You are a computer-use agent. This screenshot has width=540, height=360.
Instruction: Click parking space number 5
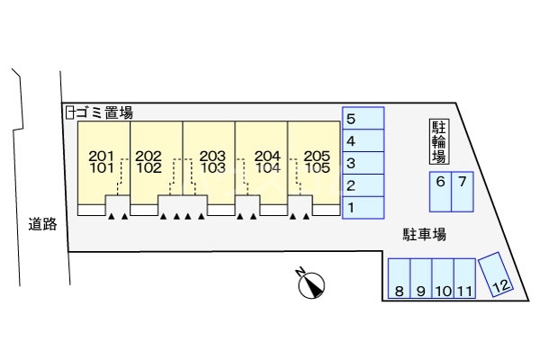coord(363,119)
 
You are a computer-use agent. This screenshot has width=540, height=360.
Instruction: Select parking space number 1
coord(363,208)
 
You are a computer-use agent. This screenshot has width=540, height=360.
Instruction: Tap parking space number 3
coord(363,163)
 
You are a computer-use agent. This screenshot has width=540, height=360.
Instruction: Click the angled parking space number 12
coord(497,274)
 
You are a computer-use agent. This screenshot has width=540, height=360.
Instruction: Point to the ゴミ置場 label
coord(104,112)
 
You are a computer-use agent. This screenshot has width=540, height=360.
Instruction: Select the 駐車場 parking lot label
coord(425,234)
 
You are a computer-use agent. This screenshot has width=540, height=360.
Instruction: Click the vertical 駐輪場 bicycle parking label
coord(438,142)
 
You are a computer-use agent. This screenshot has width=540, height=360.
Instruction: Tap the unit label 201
coord(102,156)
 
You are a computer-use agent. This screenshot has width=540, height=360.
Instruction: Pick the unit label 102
coord(148,167)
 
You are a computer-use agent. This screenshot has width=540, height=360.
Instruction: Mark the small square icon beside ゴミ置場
coord(69,112)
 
